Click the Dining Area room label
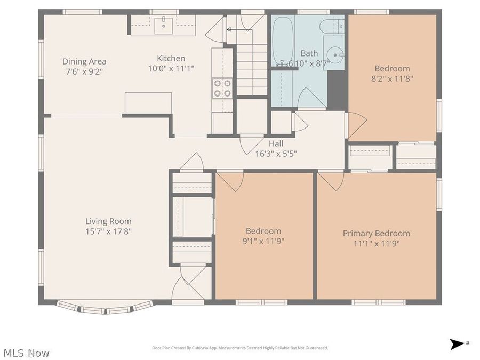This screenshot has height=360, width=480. (84, 61)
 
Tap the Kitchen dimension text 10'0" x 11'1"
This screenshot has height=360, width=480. (171, 68)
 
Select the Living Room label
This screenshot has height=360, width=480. (108, 221)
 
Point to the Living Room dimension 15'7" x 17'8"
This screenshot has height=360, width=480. (108, 231)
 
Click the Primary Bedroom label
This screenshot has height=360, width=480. (377, 233)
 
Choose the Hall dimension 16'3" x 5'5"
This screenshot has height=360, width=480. (276, 153)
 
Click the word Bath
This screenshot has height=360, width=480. (309, 53)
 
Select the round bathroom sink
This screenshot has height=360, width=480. (334, 54)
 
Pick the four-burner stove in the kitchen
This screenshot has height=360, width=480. (222, 88)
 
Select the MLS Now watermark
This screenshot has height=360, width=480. (26, 353)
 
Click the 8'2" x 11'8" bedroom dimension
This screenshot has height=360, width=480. (392, 78)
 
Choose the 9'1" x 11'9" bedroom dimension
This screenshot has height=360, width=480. (263, 241)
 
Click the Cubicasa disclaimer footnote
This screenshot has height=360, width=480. (240, 348)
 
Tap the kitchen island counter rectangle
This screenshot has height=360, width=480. (148, 103)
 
